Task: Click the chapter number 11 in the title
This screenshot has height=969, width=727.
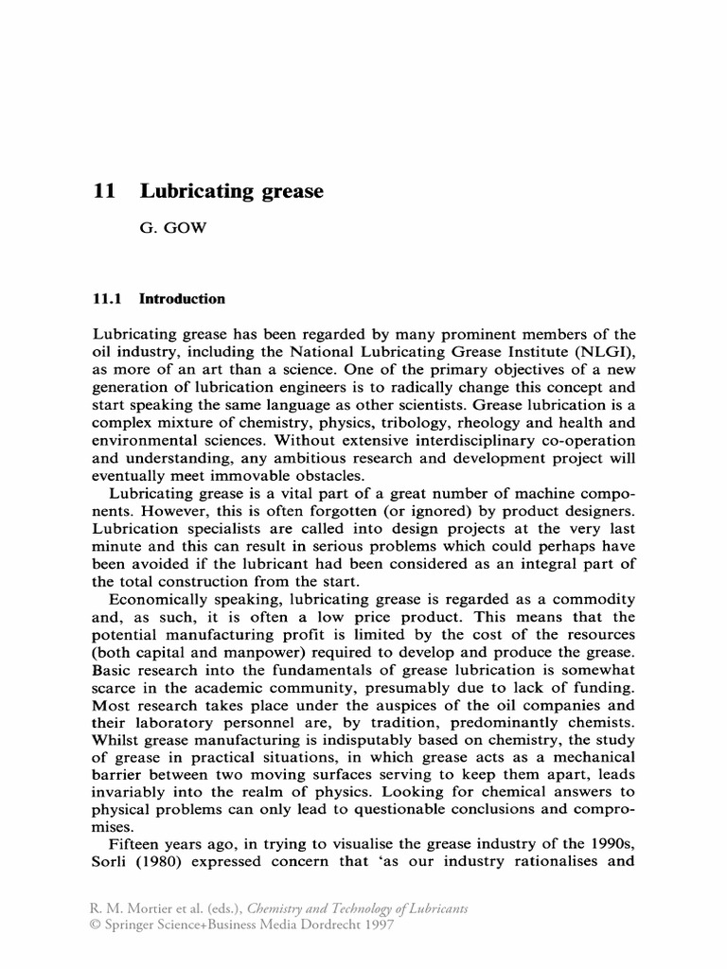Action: point(104,191)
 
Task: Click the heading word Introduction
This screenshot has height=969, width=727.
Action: point(183,299)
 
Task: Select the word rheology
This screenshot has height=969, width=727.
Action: point(523,424)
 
